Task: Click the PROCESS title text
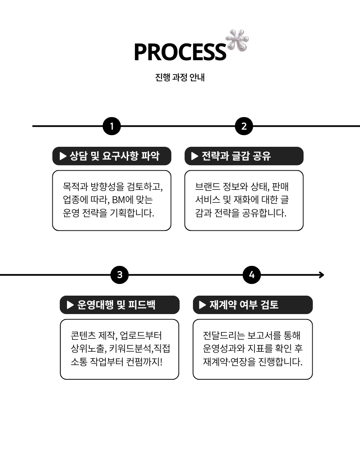180,52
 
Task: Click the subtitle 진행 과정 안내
180,78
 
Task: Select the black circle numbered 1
112,126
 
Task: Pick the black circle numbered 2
244,126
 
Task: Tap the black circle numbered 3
120,275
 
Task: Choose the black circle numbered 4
252,275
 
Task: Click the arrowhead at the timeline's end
321,275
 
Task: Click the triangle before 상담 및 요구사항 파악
63,156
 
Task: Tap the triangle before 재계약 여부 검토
203,305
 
